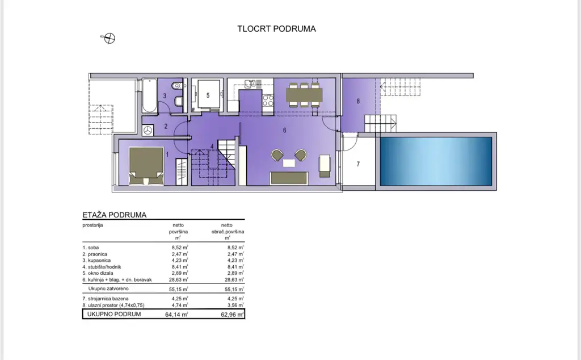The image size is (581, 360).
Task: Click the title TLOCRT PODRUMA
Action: point(276,29)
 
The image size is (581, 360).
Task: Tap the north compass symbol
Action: point(110,38)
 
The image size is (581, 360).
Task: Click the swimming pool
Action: point(436,161)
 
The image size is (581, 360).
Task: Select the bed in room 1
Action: point(146,166)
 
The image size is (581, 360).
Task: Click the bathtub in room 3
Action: point(149,95)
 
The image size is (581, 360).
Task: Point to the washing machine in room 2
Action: point(148,130)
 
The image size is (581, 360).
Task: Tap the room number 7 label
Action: point(358,164)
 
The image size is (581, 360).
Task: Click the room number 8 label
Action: point(358,101)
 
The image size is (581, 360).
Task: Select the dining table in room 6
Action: point(304,95)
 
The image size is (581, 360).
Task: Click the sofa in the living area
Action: point(289,178)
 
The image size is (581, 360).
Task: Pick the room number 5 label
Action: point(208,95)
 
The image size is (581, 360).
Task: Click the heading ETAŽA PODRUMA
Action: point(115,215)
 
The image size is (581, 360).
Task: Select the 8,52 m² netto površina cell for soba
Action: point(180,248)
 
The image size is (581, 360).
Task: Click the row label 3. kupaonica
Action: point(96,260)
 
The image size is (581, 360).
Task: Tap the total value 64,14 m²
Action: point(176,315)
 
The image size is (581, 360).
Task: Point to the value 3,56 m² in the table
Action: point(235,305)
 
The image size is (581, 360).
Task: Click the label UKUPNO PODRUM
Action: point(113,314)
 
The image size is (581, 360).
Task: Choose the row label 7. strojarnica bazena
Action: point(106,299)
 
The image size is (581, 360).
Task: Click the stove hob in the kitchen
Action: point(268,100)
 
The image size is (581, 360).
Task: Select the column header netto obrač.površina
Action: point(227,231)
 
